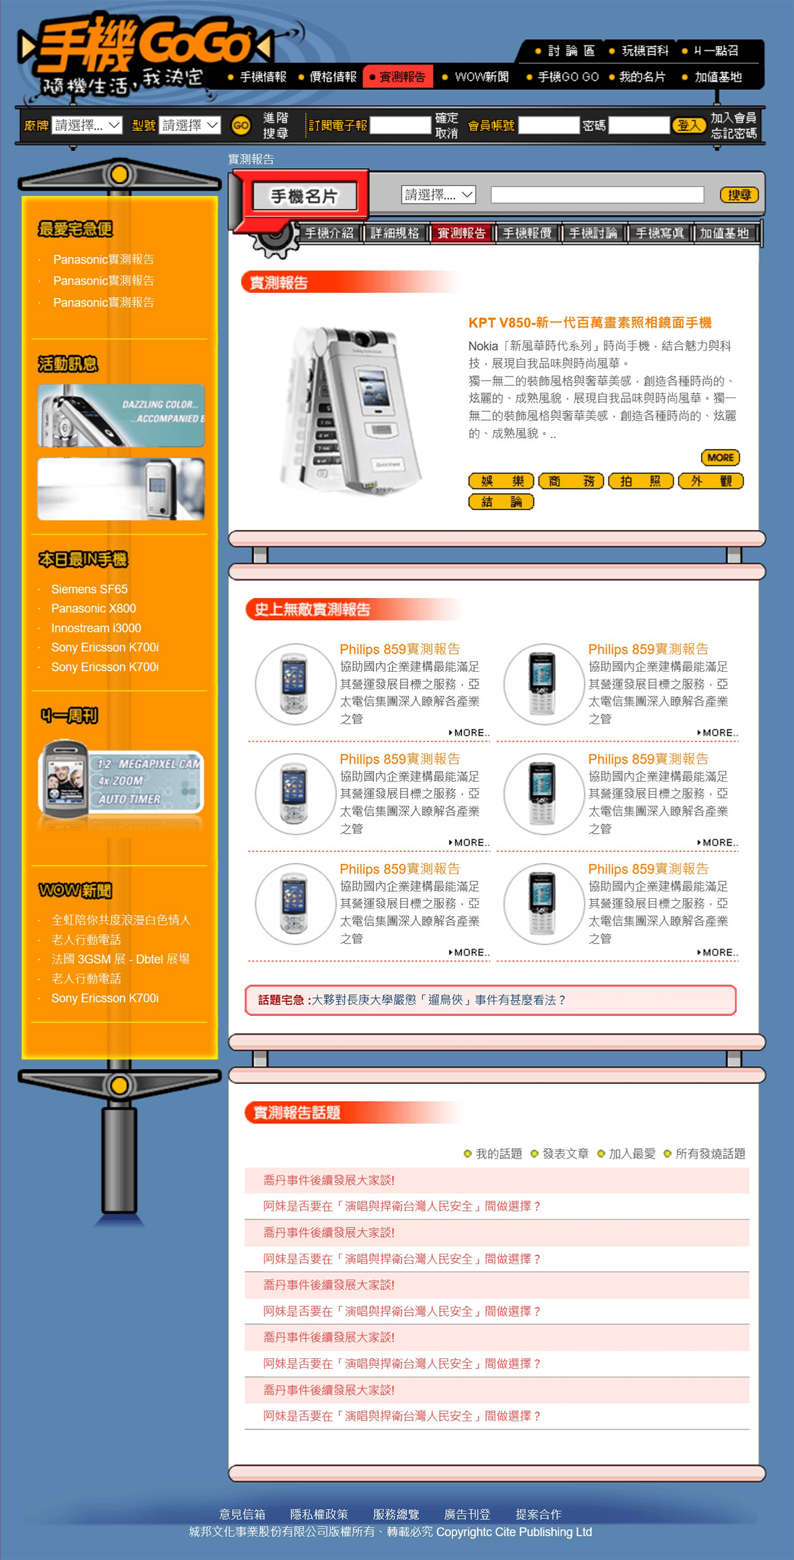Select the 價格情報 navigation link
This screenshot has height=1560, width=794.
click(333, 77)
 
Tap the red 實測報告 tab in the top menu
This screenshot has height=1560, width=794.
click(398, 77)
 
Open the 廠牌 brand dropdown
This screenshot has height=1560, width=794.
click(87, 125)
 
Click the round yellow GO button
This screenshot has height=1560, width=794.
click(241, 126)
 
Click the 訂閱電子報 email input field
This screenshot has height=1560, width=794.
click(400, 125)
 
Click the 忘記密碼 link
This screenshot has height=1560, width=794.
click(734, 133)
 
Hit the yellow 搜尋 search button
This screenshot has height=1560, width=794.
click(739, 195)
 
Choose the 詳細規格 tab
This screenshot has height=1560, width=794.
click(395, 233)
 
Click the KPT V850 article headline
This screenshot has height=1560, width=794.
click(590, 323)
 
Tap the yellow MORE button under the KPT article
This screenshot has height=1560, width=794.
click(720, 458)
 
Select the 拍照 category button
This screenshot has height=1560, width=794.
click(641, 481)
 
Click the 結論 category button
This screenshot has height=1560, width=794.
click(501, 502)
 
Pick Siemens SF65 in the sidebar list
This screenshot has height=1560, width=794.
click(89, 589)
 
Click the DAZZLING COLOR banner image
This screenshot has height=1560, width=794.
click(121, 416)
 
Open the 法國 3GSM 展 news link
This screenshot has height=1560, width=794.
click(120, 959)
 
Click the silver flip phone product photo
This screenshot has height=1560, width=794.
click(350, 409)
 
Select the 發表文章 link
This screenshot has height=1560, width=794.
click(565, 1154)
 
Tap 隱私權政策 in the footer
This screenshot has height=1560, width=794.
click(319, 1514)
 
